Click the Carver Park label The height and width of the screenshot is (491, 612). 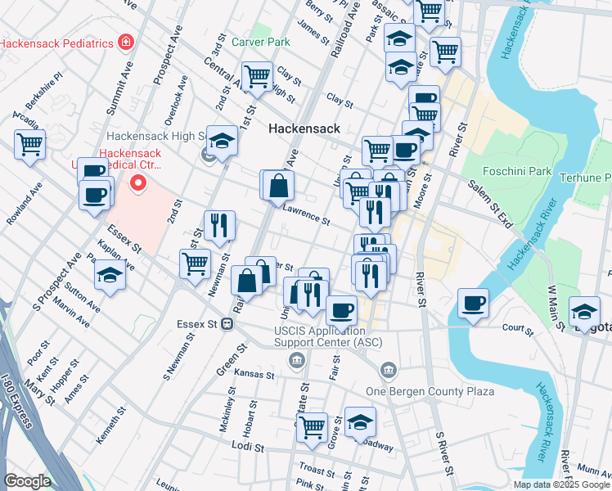[x=260, y=42]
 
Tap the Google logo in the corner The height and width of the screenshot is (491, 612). [x=26, y=481]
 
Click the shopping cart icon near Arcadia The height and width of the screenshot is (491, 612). [x=30, y=145]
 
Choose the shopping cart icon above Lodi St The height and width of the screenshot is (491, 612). [x=312, y=426]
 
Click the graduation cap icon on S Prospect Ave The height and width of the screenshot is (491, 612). [x=110, y=276]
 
